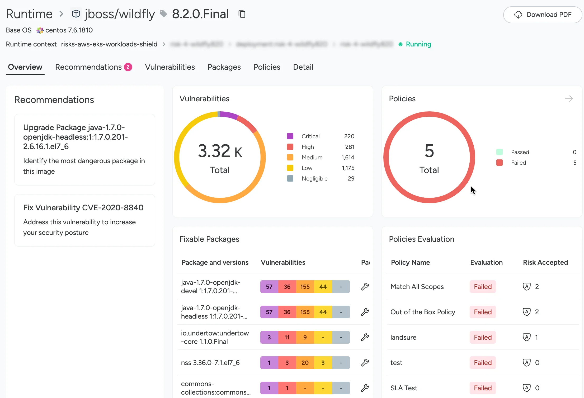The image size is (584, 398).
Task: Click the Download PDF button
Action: coord(543,15)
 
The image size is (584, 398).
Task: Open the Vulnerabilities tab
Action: coord(170,67)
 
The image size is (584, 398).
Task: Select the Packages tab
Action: coord(224,67)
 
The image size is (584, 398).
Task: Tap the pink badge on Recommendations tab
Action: coord(128,67)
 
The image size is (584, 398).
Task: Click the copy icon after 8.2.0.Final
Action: coord(242,14)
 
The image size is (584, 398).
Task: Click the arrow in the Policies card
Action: coord(569,99)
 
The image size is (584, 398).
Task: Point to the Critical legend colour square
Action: coord(290,136)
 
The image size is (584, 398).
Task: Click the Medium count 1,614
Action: coord(348,157)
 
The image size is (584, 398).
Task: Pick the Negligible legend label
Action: coord(314,178)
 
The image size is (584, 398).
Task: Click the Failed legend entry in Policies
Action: coord(518,163)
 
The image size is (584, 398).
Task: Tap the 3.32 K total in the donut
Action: coord(220,151)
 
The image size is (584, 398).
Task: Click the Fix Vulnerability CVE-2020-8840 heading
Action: coord(83,208)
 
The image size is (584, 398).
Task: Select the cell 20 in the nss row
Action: coord(305,363)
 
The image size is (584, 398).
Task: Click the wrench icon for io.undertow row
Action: coord(365,337)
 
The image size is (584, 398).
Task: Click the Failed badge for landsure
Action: coord(483,337)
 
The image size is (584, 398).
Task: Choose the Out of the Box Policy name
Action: coord(423,312)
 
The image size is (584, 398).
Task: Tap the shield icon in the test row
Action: coord(527,363)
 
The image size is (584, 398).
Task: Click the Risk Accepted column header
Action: coord(545,262)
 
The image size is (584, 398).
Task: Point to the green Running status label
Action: coord(418,44)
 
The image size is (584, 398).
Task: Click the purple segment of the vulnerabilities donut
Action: coord(229,115)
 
